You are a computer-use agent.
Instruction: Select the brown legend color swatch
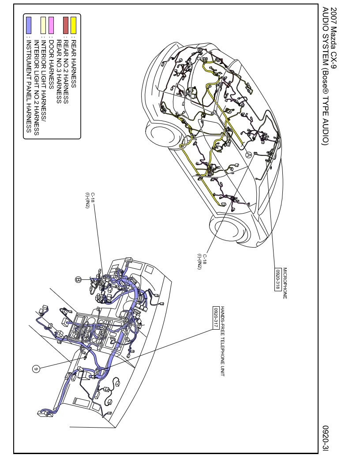[x=66, y=22]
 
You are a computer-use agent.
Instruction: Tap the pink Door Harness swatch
[x=51, y=22]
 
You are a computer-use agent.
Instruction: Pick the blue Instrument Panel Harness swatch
[x=29, y=22]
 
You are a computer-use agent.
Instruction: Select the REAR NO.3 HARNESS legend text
[x=59, y=66]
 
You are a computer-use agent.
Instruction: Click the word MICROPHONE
[x=285, y=283]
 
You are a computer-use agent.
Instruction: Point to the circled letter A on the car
[x=248, y=155]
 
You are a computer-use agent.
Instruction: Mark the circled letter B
[x=78, y=280]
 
